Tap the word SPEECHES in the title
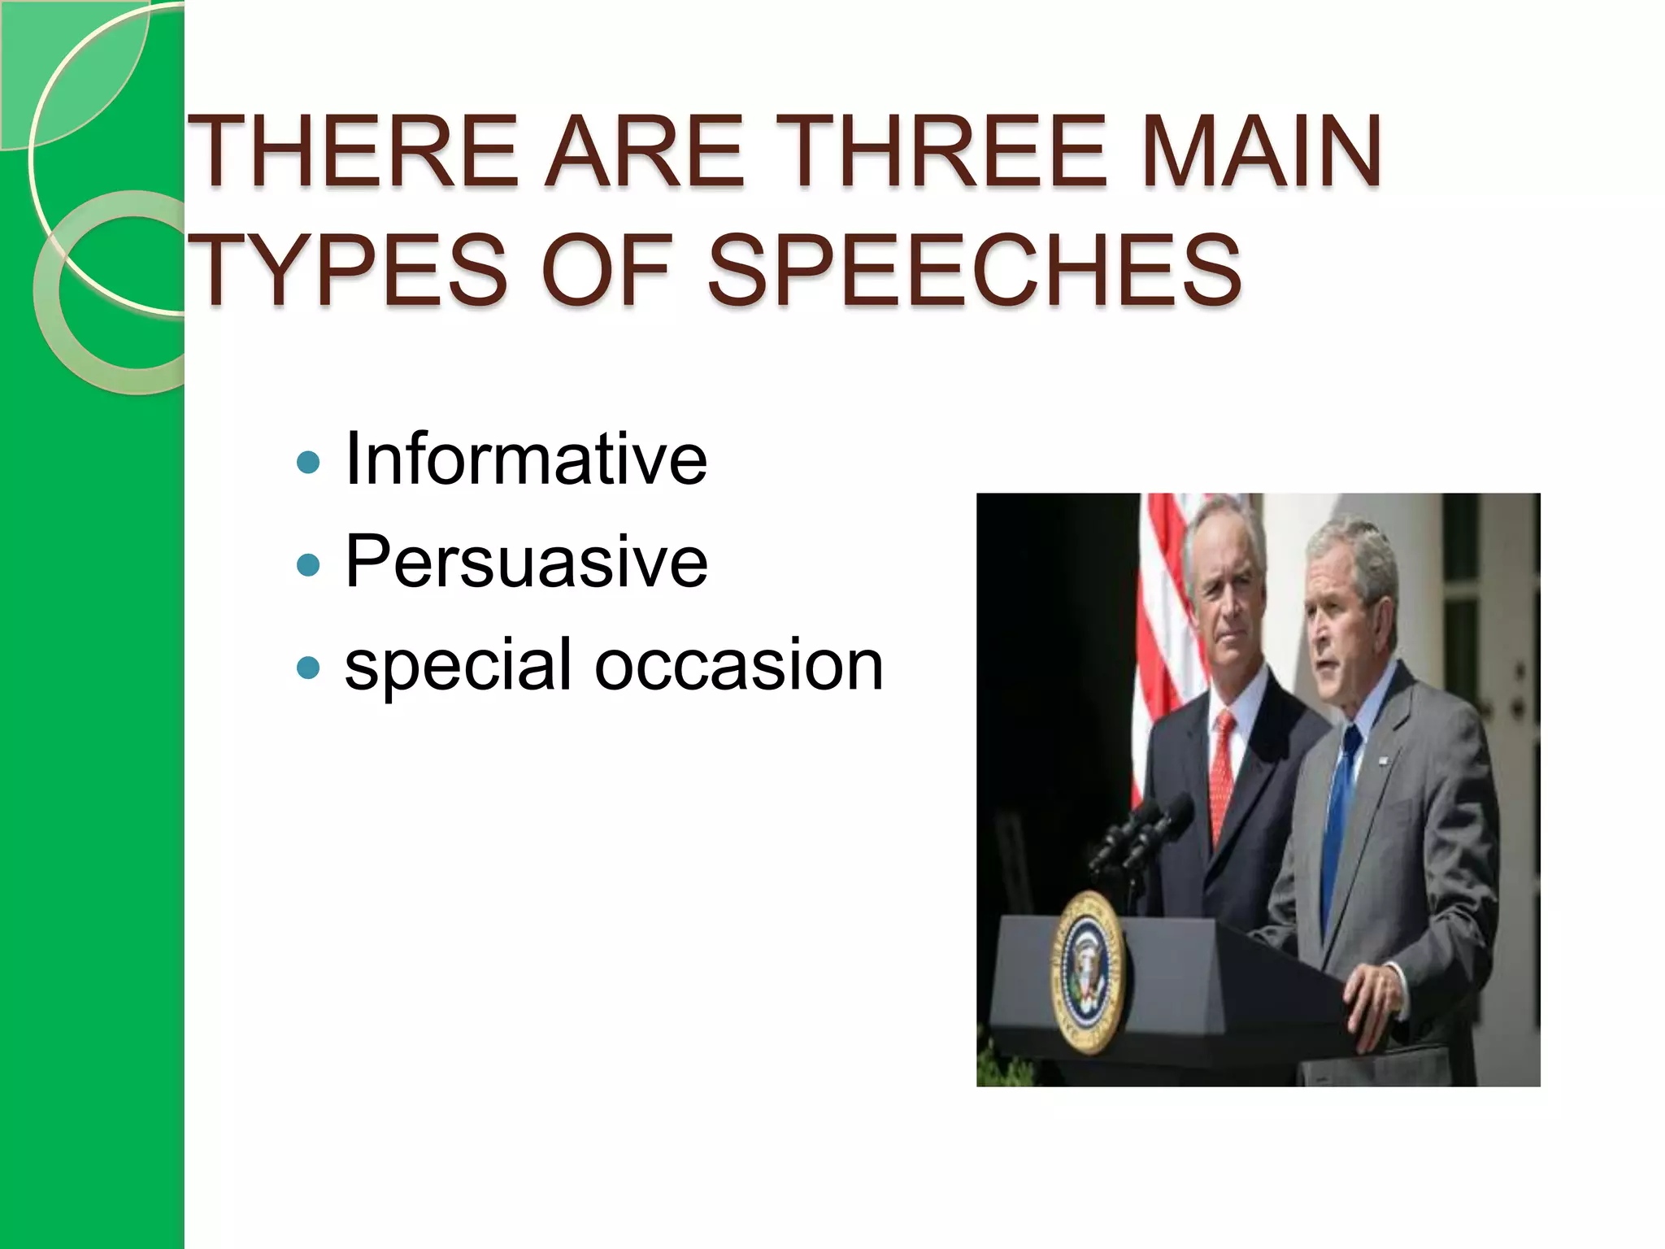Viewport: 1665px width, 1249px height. click(x=974, y=270)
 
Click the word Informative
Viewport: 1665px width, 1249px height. click(x=526, y=459)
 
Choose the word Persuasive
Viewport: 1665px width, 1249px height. click(x=526, y=562)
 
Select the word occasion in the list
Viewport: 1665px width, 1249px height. click(x=738, y=664)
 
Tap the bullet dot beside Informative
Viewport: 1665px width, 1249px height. click(x=309, y=463)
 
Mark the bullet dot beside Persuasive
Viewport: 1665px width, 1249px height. click(x=309, y=565)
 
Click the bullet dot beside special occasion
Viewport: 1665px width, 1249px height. click(x=309, y=668)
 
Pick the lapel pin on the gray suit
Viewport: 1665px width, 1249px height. click(x=1383, y=761)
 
